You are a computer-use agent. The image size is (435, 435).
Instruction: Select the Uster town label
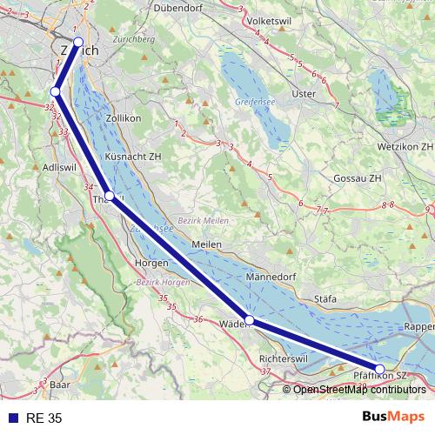pyautogui.click(x=304, y=94)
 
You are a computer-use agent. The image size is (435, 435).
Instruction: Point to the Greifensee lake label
pyautogui.click(x=254, y=102)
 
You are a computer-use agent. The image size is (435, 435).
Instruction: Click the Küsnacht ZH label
pyautogui.click(x=133, y=157)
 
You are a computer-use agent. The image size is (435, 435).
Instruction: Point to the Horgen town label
pyautogui.click(x=151, y=262)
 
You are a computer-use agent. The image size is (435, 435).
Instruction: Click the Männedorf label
pyautogui.click(x=271, y=278)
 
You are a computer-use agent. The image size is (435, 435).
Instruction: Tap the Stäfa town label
pyautogui.click(x=325, y=298)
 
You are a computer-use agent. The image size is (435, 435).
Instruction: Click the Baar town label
pyautogui.click(x=59, y=384)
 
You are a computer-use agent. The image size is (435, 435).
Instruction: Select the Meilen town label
pyautogui.click(x=207, y=244)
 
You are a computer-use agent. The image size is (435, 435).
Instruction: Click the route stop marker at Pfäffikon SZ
pyautogui.click(x=380, y=369)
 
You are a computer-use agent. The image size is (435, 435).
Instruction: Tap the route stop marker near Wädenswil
pyautogui.click(x=250, y=321)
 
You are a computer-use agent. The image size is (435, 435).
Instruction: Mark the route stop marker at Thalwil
pyautogui.click(x=110, y=196)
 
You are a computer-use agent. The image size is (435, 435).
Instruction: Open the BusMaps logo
pyautogui.click(x=393, y=417)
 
